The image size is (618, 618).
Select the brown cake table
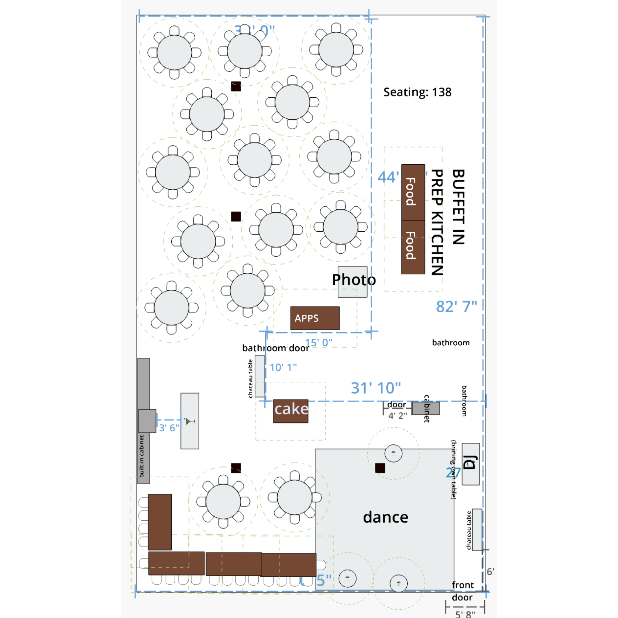pos(291,411)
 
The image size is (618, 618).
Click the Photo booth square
pos(353,281)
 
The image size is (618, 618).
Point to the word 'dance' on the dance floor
pos(385,517)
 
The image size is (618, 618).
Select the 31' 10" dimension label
pos(375,388)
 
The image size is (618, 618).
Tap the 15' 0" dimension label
pos(319,342)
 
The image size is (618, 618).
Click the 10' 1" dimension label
pos(283,367)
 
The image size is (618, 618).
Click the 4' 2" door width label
pos(398,415)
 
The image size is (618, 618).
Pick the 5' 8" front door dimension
pos(465,614)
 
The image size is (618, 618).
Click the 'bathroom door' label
pos(276,348)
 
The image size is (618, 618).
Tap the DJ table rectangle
pos(471,464)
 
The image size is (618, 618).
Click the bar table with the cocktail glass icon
pos(190,421)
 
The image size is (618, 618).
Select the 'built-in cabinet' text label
pos(142,456)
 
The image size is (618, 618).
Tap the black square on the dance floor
pos(380,468)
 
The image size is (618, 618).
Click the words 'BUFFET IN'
pos(458,207)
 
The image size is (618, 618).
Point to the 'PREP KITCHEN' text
pos(437,222)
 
